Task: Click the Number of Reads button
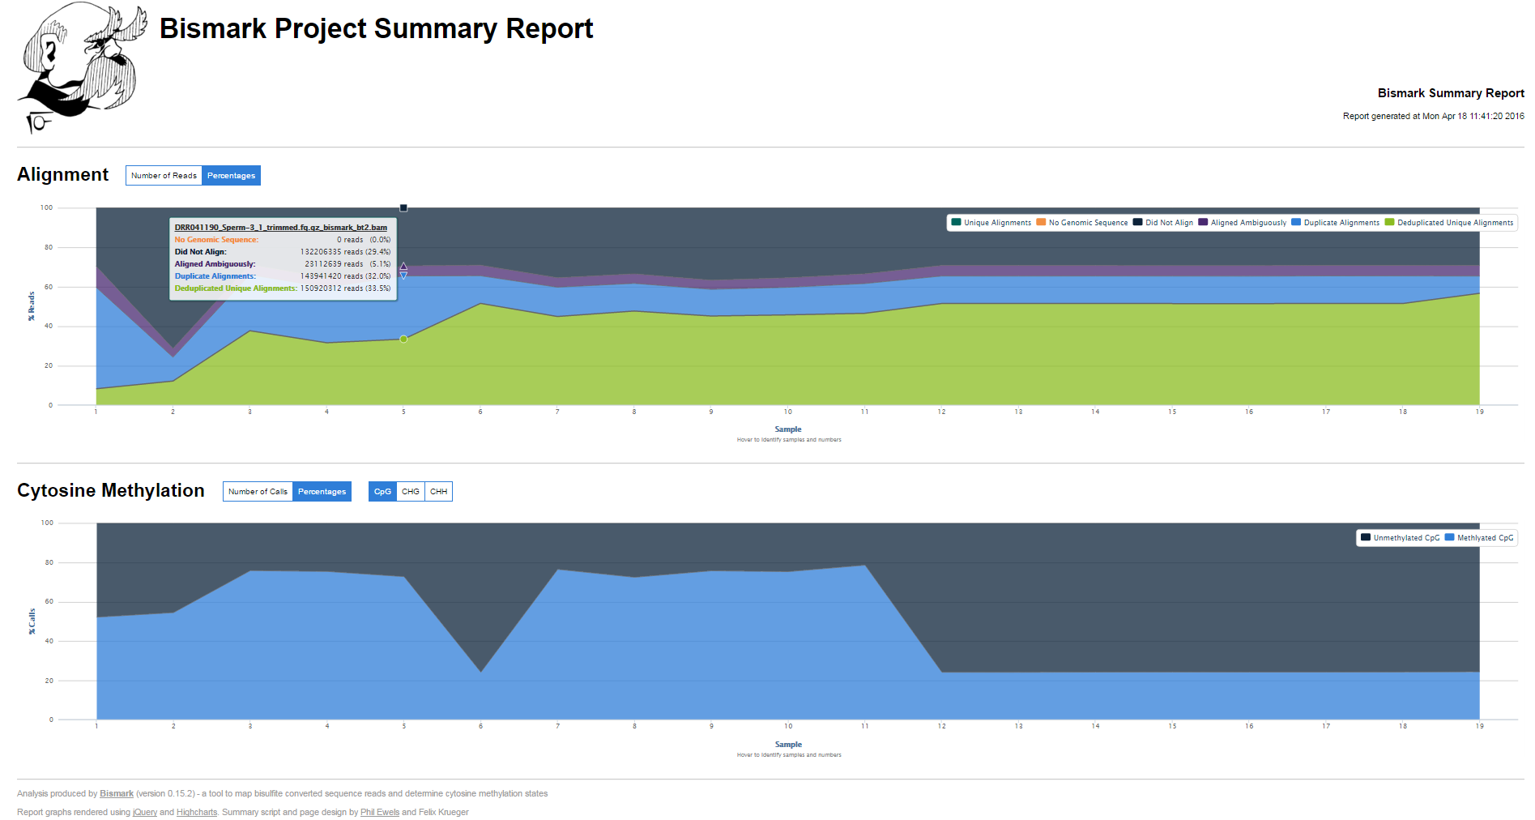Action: pyautogui.click(x=164, y=176)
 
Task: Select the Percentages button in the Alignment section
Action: pyautogui.click(x=231, y=176)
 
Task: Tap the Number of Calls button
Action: pyautogui.click(x=258, y=492)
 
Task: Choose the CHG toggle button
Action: pyautogui.click(x=411, y=492)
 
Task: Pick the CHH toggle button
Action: pyautogui.click(x=438, y=492)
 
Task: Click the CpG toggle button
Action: pyautogui.click(x=382, y=492)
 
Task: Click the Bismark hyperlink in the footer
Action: pyautogui.click(x=117, y=794)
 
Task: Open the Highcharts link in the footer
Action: pyautogui.click(x=197, y=813)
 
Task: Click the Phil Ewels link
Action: pyautogui.click(x=380, y=813)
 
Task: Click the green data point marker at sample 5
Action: pyautogui.click(x=403, y=339)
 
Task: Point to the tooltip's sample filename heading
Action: pyautogui.click(x=280, y=228)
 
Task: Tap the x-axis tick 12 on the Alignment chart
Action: pyautogui.click(x=941, y=412)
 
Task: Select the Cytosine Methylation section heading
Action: pyautogui.click(x=111, y=491)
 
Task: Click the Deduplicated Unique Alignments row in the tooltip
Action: pyautogui.click(x=282, y=288)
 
